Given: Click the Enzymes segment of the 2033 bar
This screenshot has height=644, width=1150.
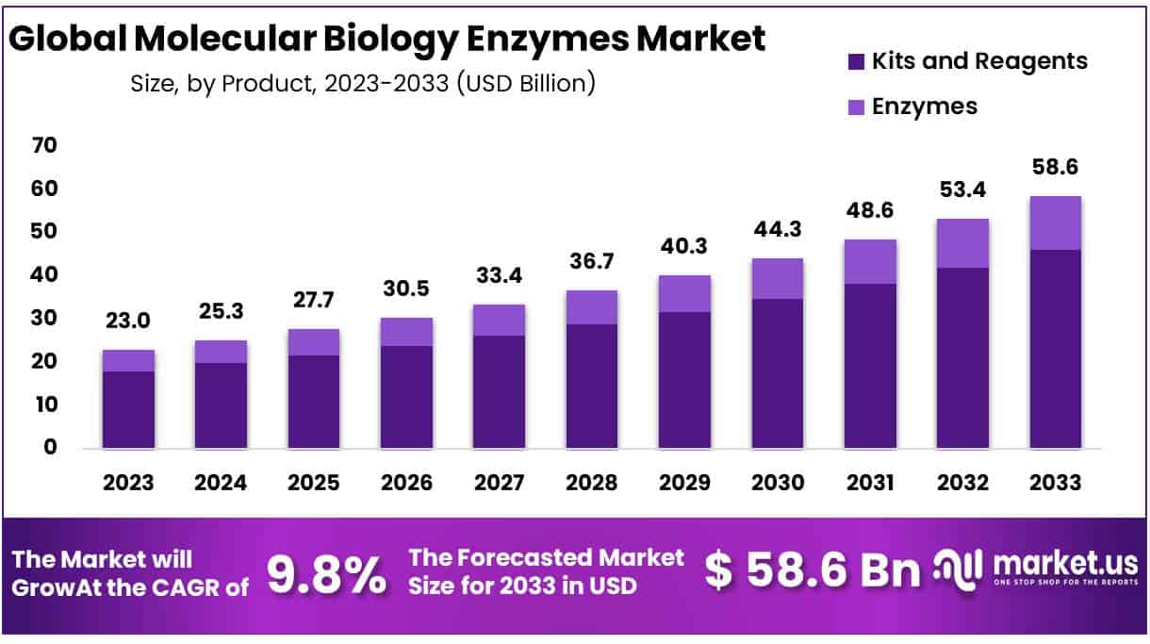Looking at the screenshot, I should click(x=1055, y=223).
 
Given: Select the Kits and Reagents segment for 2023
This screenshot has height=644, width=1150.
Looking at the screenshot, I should click(x=128, y=409).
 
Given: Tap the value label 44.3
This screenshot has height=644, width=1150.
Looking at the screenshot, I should click(x=777, y=229).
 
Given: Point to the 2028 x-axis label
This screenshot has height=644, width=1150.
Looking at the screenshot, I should click(x=591, y=483).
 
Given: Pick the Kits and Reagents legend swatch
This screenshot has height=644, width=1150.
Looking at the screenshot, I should click(x=856, y=62).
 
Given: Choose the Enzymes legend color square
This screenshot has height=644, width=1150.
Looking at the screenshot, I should click(x=856, y=107).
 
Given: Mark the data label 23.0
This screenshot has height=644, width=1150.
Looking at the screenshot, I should click(x=128, y=321).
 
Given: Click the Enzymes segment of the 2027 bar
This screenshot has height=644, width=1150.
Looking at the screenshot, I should click(x=499, y=320).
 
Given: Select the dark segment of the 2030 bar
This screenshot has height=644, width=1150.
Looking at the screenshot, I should click(x=777, y=373).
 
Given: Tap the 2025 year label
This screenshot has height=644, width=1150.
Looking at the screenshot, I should click(x=313, y=483).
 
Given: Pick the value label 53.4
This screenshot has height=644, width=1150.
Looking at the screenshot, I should click(x=962, y=190).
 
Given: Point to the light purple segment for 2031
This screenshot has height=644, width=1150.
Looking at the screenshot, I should click(x=870, y=261).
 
